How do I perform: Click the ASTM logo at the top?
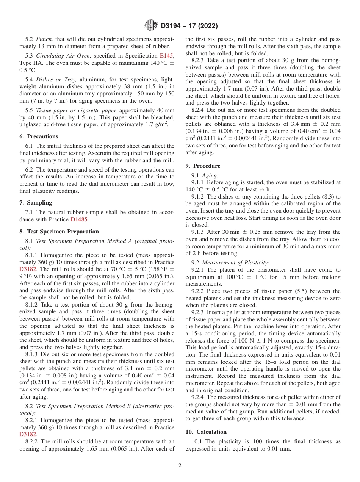(151, 26)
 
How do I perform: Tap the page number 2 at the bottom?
(180, 466)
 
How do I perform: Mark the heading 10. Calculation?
(206, 432)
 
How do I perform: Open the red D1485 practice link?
(79, 219)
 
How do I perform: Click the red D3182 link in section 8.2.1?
(27, 435)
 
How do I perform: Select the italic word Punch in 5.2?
(44, 39)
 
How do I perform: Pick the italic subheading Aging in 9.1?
(210, 175)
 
